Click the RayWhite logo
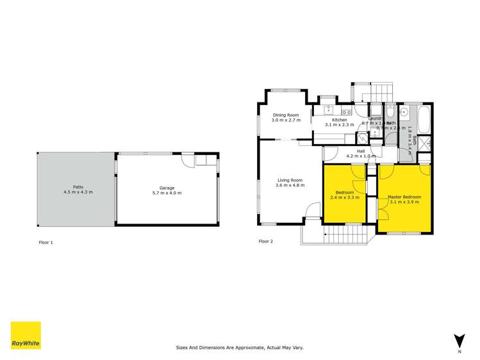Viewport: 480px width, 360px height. tap(26, 335)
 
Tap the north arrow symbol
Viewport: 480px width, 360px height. tap(459, 341)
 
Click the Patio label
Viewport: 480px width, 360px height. tap(78, 187)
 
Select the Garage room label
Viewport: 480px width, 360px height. tap(167, 188)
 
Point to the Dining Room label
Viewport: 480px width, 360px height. tap(285, 115)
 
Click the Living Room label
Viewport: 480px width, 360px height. tap(289, 180)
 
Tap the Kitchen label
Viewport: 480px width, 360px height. tap(339, 120)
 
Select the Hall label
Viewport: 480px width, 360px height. tap(361, 151)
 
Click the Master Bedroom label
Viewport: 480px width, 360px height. tap(404, 197)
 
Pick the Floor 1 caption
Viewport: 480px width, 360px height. tap(46, 242)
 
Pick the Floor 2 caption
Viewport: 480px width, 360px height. tap(265, 241)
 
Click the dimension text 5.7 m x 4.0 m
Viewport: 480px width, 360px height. tap(167, 193)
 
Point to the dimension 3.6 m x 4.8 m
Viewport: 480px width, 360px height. tap(289, 186)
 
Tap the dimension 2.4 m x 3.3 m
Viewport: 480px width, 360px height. tap(344, 197)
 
